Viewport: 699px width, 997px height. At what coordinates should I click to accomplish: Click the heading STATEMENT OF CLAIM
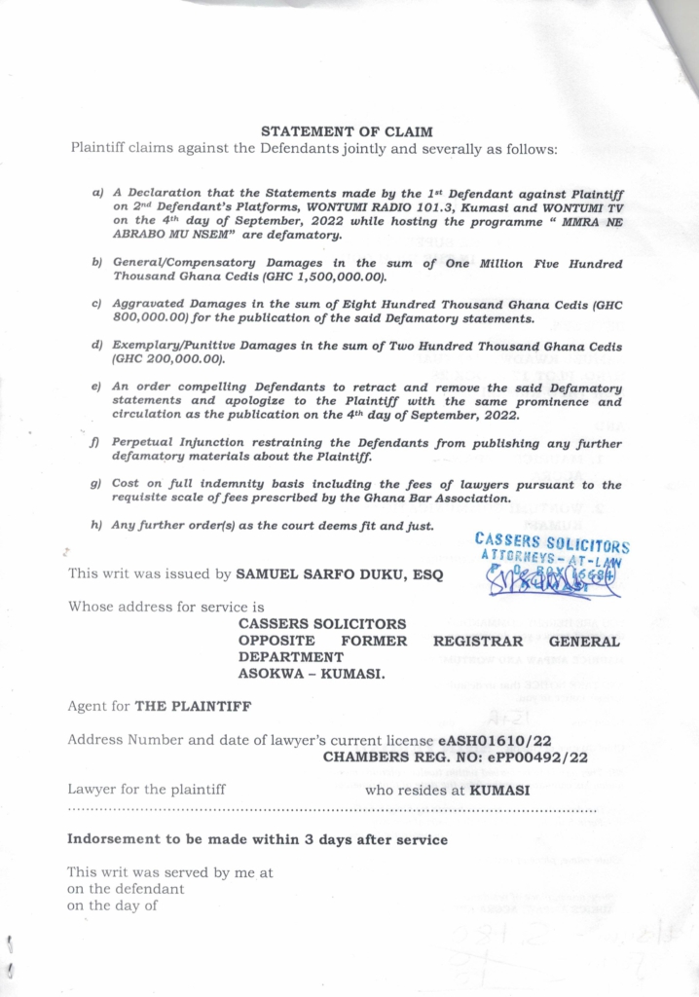[x=348, y=130]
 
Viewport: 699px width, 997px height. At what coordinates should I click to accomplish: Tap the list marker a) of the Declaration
[x=97, y=194]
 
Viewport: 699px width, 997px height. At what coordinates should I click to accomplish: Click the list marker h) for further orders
[x=96, y=526]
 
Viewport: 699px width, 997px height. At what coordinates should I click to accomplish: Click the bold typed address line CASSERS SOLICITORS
[x=322, y=624]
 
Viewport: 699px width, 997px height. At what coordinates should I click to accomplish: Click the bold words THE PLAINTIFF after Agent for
[x=183, y=708]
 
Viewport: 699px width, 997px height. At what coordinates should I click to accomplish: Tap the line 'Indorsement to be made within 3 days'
[x=257, y=839]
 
